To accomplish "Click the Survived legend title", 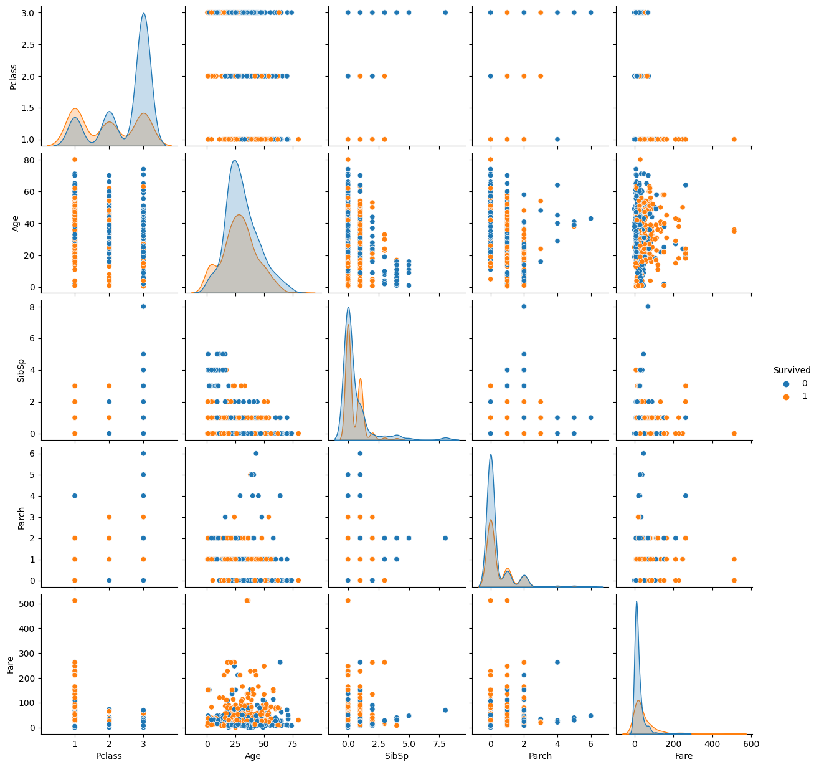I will pos(792,370).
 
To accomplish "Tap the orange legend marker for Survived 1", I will pos(786,396).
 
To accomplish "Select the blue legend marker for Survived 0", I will pos(786,383).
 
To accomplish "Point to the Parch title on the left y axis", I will pos(22,517).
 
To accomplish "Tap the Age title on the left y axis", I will pos(17,222).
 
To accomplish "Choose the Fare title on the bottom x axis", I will pos(683,756).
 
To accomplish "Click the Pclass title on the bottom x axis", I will pos(109,756).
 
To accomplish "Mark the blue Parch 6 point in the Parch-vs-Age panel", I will pos(256,454).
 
